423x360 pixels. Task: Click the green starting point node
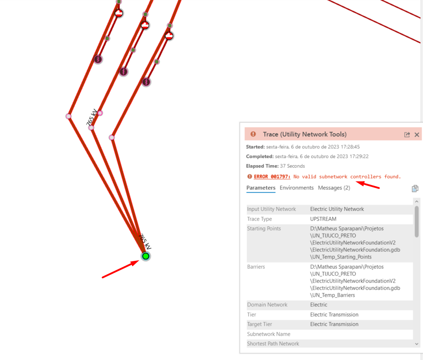tap(145, 256)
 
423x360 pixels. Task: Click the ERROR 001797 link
tap(272, 177)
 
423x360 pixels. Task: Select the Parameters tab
tap(261, 188)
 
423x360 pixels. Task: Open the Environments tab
tap(296, 188)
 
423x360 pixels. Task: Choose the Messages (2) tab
tap(334, 188)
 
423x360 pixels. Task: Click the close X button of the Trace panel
tap(416, 135)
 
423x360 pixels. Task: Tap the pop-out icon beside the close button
tap(407, 135)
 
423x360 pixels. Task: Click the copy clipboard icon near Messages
tap(415, 189)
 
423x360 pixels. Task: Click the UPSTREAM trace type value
tap(323, 219)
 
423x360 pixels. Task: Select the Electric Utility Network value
tap(337, 209)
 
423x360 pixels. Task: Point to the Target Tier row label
tap(260, 324)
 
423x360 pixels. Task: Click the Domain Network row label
tap(267, 305)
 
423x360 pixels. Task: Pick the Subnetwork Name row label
tap(269, 334)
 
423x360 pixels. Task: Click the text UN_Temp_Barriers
tap(333, 295)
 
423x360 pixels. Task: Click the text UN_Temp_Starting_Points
tap(341, 257)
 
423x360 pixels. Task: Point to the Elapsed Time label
tap(262, 166)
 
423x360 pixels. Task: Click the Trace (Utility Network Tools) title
tap(305, 134)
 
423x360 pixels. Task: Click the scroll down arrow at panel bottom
tap(416, 344)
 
